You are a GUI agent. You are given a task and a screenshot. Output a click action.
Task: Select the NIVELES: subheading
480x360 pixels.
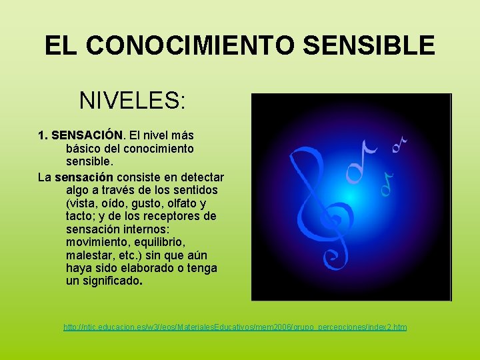(132, 101)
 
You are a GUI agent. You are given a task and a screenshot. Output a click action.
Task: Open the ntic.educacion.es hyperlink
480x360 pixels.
(235, 327)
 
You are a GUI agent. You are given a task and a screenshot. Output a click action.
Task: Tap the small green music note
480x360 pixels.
(387, 181)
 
